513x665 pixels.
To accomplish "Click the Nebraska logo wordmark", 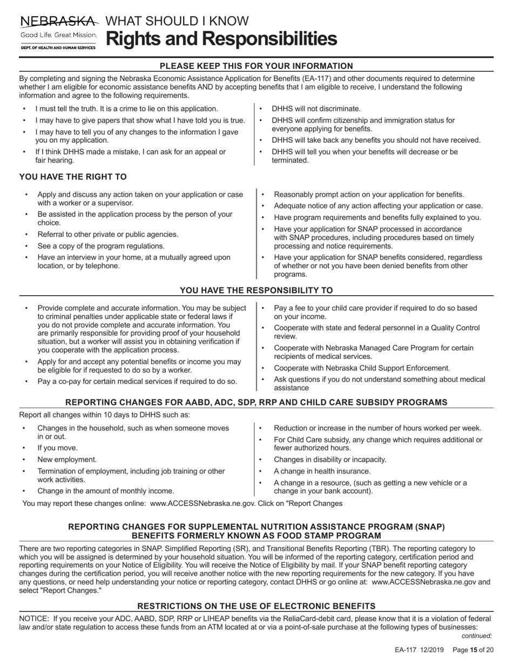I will pyautogui.click(x=59, y=22).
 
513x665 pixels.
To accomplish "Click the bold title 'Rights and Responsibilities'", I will pyautogui.click(x=221, y=39).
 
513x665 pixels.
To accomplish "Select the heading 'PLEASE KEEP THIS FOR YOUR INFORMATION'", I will pyautogui.click(x=256, y=66).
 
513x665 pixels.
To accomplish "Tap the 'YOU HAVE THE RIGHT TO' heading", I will pyautogui.click(x=73, y=177).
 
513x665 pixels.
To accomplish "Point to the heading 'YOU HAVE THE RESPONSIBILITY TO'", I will pyautogui.click(x=256, y=290).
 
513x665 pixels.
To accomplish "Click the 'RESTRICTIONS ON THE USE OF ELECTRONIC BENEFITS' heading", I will pyautogui.click(x=256, y=606).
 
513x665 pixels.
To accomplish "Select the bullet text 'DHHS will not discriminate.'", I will pyautogui.click(x=316, y=109).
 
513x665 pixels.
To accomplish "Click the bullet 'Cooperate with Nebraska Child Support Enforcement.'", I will pyautogui.click(x=362, y=368).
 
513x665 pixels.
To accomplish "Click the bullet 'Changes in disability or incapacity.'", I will pyautogui.click(x=330, y=460).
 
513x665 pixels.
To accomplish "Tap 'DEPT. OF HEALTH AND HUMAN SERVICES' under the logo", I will pyautogui.click(x=58, y=48).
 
